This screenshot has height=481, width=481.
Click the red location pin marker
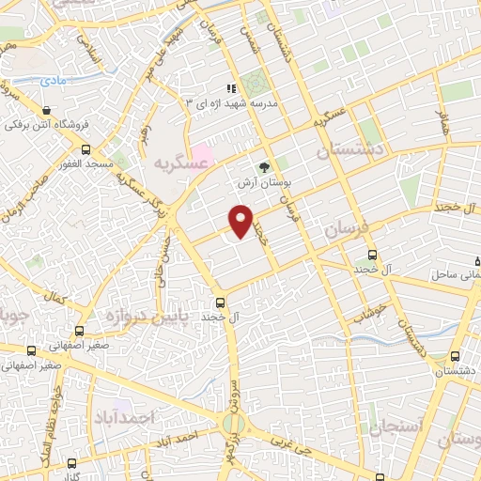[242, 222]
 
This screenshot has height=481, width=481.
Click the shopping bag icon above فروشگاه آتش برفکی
[46, 110]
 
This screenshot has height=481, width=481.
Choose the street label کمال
[61, 300]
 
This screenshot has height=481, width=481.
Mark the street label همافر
[442, 121]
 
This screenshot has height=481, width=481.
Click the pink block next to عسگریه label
[202, 153]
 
